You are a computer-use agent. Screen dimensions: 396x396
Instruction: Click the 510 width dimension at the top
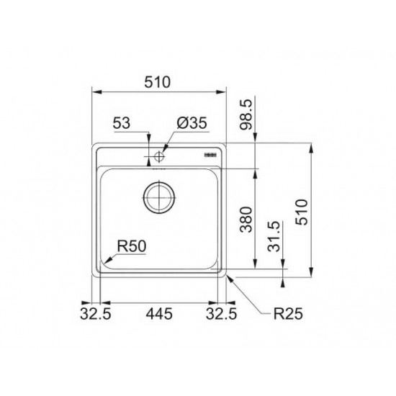tap(158, 82)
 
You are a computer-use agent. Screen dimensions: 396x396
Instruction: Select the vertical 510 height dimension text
tap(302, 212)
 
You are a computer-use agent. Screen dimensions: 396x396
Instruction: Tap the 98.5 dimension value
tap(246, 114)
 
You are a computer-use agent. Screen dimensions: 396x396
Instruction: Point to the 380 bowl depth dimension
tap(246, 220)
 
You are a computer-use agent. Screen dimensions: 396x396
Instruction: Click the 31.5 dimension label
tap(274, 236)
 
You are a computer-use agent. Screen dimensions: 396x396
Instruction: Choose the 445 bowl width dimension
tap(159, 314)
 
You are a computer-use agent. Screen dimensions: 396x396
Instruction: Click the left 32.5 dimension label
tap(96, 314)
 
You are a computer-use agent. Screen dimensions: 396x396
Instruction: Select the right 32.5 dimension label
tap(221, 314)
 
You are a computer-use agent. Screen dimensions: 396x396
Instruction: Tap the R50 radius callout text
tap(132, 246)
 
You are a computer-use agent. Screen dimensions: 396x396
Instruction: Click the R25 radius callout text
tap(288, 314)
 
